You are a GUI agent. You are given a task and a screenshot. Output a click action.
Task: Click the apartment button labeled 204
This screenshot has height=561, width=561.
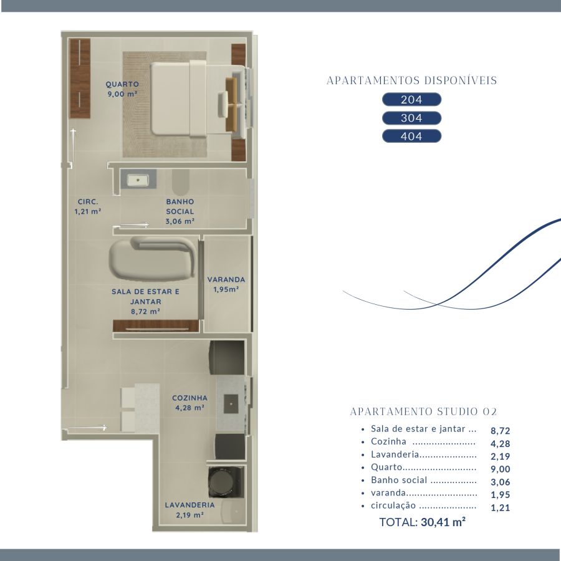[x=411, y=100]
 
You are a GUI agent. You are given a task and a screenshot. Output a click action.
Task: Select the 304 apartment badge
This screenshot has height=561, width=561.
[x=411, y=118]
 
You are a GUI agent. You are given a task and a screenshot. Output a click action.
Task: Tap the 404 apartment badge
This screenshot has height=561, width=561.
[x=411, y=136]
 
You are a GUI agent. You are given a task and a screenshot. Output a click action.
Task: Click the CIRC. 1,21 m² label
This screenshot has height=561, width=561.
[x=88, y=206]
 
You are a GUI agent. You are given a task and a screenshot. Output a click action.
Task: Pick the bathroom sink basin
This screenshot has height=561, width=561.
[x=138, y=180]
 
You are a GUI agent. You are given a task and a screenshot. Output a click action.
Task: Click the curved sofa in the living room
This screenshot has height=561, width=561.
[x=153, y=258]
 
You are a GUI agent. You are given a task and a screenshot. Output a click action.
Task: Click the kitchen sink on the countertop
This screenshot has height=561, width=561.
[x=231, y=404]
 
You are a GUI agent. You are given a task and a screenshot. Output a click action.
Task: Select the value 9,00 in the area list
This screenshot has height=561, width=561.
[x=500, y=469]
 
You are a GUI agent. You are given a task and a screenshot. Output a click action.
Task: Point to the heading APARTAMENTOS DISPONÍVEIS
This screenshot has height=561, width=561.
[x=412, y=80]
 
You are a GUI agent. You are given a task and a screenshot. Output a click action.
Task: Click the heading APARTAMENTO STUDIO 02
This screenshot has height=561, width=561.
[x=424, y=411]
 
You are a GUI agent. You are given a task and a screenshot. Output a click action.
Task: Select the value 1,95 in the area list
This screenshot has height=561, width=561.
[x=500, y=495]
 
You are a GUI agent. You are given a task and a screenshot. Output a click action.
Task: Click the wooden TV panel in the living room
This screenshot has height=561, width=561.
[x=156, y=326]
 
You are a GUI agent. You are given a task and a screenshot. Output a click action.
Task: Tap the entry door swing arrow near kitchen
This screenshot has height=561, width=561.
[x=87, y=428]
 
